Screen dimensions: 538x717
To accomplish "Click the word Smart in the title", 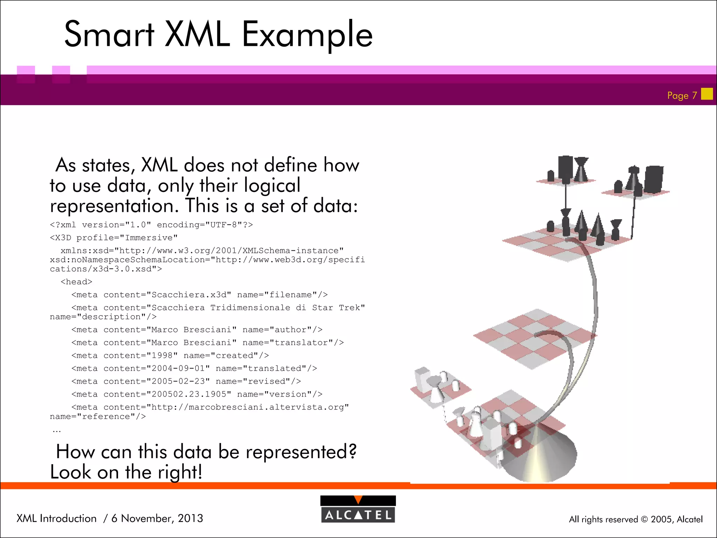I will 109,34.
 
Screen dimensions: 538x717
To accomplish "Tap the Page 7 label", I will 682,95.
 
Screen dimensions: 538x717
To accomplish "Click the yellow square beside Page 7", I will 707,94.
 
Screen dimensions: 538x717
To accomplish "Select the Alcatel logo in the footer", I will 358,509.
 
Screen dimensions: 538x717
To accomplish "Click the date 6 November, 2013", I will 157,518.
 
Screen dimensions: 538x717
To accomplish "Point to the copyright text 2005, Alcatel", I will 676,519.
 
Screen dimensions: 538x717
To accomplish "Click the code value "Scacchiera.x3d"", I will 189,295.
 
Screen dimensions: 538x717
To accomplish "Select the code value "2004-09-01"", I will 178,368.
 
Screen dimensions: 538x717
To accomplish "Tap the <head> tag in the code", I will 76,282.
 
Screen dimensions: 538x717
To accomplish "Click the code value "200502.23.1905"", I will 189,394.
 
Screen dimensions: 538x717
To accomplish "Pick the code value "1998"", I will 162,356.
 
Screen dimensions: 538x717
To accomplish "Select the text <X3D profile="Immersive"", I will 114,238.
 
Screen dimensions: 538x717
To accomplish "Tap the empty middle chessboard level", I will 534,338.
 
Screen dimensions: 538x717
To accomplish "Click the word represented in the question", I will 300,452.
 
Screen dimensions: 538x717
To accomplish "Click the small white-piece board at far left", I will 439,389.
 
